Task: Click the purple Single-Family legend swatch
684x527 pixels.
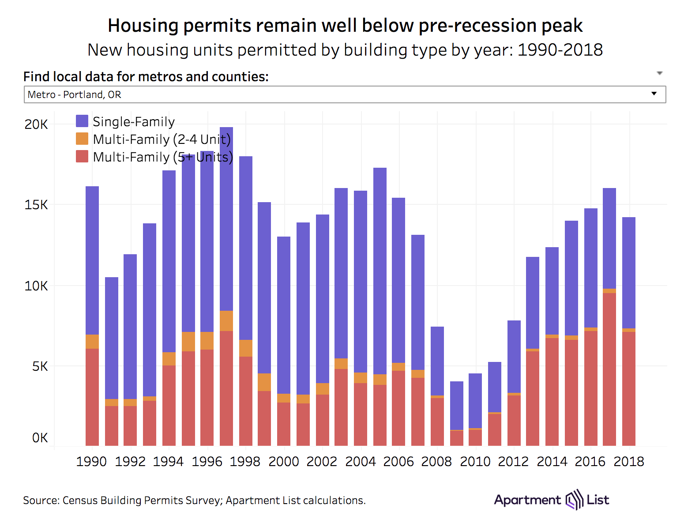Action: (x=82, y=121)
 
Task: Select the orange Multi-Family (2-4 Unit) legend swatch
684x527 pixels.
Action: (x=82, y=139)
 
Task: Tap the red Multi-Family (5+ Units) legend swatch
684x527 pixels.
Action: (x=82, y=157)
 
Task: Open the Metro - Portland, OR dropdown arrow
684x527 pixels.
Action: (x=654, y=94)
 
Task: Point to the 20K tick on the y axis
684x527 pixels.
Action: (x=36, y=124)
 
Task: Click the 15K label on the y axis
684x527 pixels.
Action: (x=36, y=205)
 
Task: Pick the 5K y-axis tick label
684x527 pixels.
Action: (x=40, y=366)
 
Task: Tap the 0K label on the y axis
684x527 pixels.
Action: (x=40, y=438)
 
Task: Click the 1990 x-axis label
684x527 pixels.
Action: (x=91, y=462)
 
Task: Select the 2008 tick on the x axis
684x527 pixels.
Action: (x=436, y=462)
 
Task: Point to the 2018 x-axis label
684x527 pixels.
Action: (x=628, y=462)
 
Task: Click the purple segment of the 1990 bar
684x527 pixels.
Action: (x=92, y=260)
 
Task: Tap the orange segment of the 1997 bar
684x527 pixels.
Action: (x=226, y=321)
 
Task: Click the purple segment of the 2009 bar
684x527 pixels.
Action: (x=457, y=405)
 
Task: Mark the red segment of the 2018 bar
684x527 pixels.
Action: (x=628, y=388)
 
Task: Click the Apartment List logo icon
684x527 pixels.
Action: (x=574, y=500)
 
